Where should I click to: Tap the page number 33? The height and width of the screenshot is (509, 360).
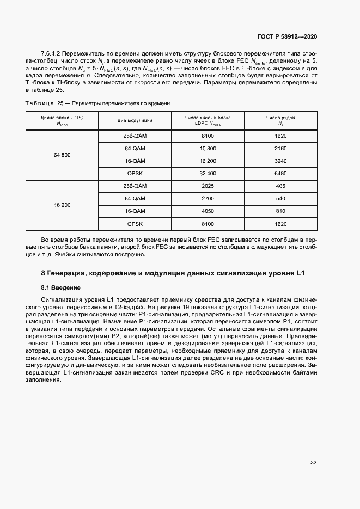pos(313,463)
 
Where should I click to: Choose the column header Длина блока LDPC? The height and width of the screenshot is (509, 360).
pos(62,118)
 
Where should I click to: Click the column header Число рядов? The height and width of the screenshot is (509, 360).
pos(280,118)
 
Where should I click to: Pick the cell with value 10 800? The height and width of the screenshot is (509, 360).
pos(208,149)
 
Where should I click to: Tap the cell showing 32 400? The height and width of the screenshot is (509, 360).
pos(208,174)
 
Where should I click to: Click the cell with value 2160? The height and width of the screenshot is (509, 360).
pos(280,149)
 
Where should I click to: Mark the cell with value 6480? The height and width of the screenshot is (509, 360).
pos(280,174)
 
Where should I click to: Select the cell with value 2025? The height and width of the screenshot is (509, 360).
pos(208,186)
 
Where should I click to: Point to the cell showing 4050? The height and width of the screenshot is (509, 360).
pos(208,211)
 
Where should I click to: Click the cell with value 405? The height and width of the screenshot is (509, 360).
pos(280,186)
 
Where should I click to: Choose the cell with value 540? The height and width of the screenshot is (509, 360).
pos(280,199)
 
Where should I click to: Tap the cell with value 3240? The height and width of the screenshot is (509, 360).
pos(280,161)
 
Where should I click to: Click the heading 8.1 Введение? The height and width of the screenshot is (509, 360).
pos(61,287)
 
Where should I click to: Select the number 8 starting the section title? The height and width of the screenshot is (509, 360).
pos(44,273)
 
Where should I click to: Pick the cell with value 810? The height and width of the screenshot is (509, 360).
pos(280,211)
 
